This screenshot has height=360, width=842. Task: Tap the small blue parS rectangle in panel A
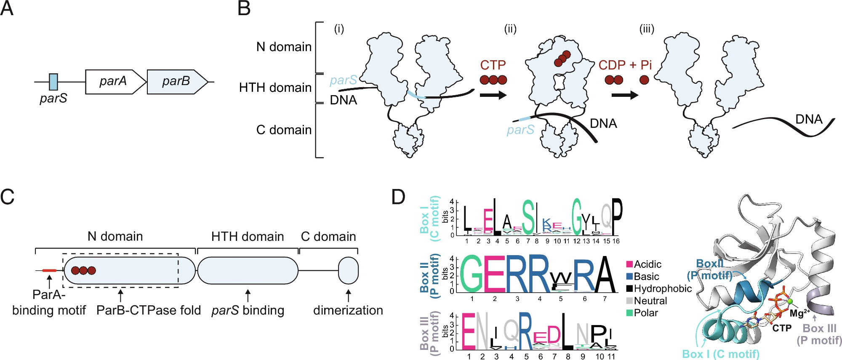click(53, 82)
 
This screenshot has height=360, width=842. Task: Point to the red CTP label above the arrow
click(493, 65)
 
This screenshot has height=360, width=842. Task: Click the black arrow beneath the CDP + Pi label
click(625, 95)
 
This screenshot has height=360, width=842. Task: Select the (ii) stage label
click(510, 29)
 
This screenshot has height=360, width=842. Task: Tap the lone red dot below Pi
click(644, 80)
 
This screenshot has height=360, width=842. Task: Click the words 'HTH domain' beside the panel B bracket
click(275, 88)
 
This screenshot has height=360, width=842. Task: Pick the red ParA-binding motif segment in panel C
click(49, 270)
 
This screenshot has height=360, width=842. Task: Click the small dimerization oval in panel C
click(348, 270)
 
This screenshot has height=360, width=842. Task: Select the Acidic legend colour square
click(629, 264)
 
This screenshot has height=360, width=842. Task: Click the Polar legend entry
click(642, 313)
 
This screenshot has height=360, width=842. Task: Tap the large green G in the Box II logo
click(472, 275)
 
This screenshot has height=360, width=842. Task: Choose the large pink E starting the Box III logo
click(468, 331)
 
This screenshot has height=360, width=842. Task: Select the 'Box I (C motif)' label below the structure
click(721, 354)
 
